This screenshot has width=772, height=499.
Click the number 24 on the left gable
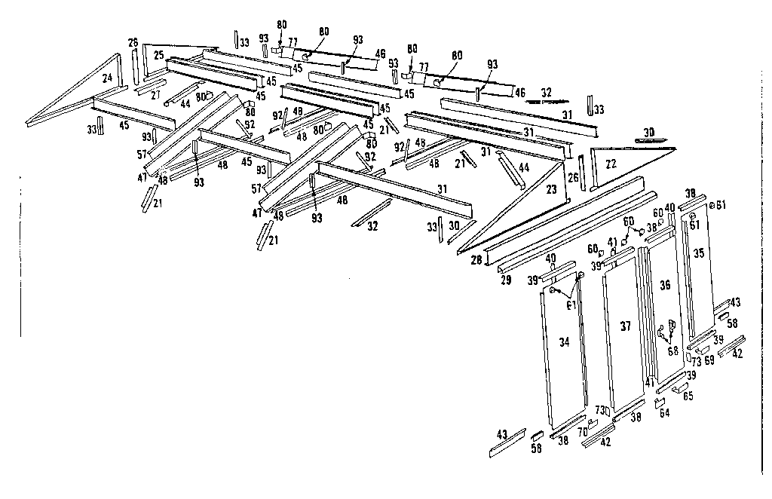click(108, 78)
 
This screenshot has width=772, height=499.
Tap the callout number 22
click(611, 164)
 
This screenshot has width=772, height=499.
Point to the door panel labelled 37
click(625, 327)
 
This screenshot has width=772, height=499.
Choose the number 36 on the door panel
click(665, 286)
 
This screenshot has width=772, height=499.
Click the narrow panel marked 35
click(699, 254)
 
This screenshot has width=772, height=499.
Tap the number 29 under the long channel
click(506, 280)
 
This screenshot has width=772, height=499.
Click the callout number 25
click(158, 55)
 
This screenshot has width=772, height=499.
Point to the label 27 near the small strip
click(155, 95)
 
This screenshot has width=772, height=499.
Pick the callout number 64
click(664, 412)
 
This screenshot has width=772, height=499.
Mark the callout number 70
click(582, 433)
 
